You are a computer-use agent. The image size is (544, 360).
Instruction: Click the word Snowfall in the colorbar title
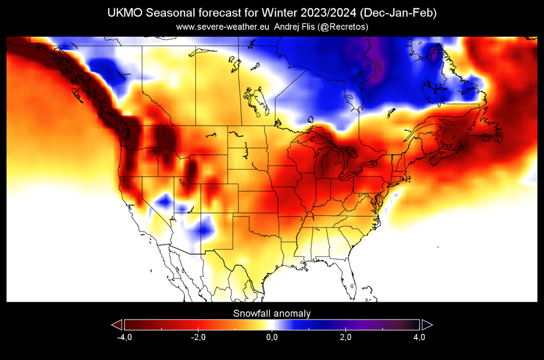pos(251,313)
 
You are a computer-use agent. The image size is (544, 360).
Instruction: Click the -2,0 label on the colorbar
pos(198,337)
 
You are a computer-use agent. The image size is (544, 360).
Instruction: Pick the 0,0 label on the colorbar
pos(271,337)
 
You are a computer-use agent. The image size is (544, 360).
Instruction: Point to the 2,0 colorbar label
pos(345,337)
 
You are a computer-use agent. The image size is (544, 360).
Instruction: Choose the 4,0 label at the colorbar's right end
pos(419,337)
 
